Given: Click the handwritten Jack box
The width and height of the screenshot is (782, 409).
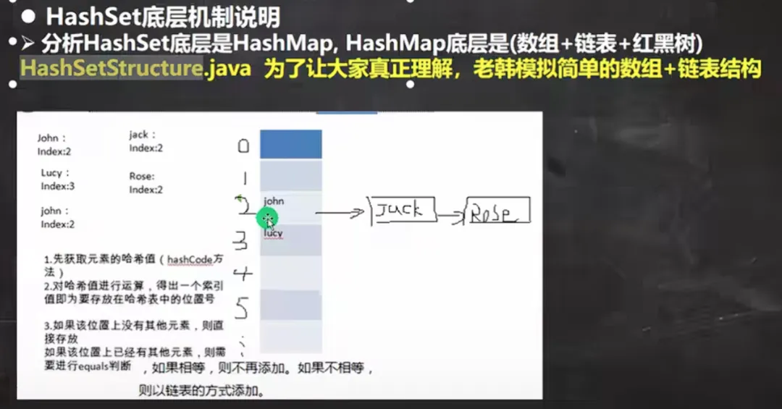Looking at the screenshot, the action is point(403,210).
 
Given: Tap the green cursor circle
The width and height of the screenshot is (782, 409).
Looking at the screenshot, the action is point(268,218).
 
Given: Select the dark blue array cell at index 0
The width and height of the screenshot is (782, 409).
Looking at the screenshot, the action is point(290,144).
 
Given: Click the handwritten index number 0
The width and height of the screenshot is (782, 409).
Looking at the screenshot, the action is point(243,146).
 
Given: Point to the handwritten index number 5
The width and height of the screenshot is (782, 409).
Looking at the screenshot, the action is point(243,309).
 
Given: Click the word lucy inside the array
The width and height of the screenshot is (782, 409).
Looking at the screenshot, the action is point(273,233).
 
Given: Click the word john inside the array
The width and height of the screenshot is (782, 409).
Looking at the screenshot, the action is point(274,201).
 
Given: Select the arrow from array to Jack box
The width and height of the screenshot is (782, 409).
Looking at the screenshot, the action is point(339,213).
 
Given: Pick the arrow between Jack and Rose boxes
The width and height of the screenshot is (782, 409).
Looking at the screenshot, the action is point(450,216).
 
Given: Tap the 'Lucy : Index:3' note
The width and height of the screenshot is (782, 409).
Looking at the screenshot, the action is point(57,180).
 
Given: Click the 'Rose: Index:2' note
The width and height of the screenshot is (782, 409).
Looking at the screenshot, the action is point(146,183).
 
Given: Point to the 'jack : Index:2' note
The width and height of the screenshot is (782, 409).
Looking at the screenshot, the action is point(146,141).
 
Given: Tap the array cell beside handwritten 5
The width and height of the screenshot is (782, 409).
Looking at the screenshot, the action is point(290,305).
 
